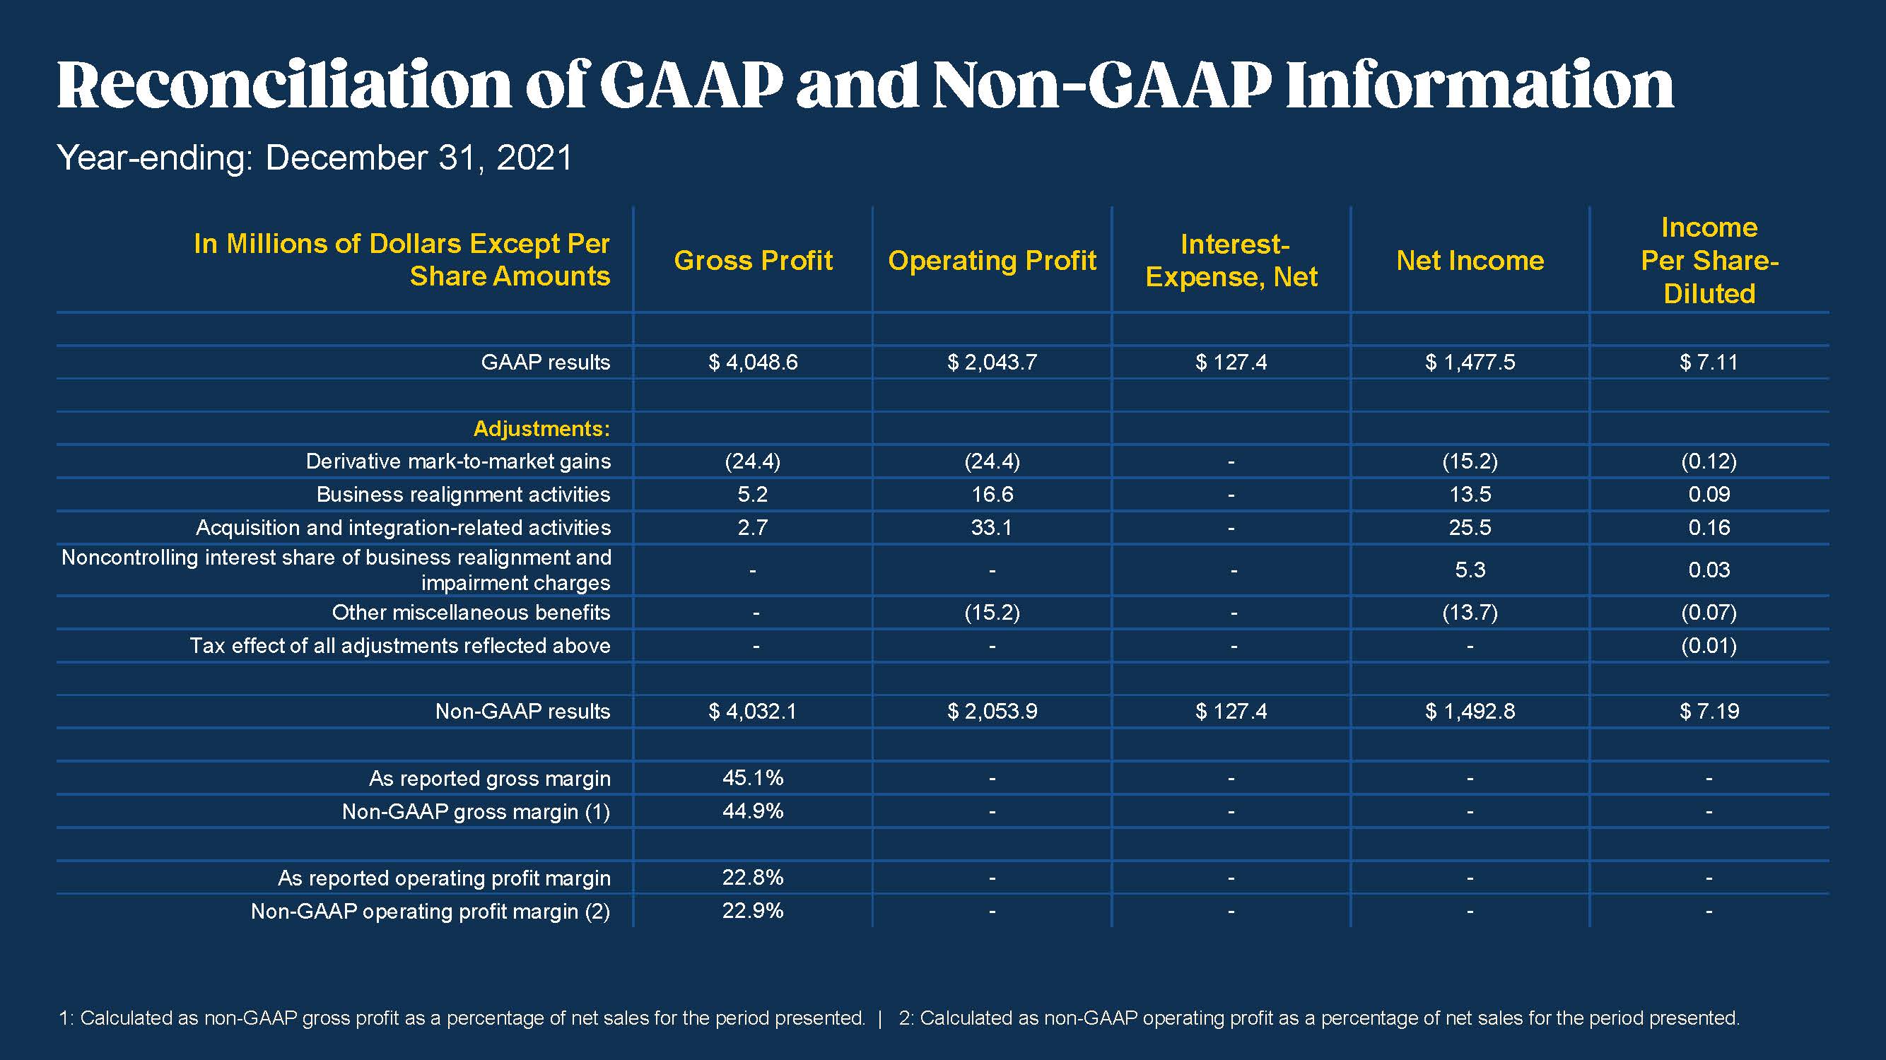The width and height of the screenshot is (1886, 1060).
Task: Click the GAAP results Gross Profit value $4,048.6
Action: [x=753, y=363]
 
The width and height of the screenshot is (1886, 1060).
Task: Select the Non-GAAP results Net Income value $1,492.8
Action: [x=1470, y=712]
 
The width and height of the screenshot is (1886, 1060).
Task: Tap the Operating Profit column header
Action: [x=992, y=261]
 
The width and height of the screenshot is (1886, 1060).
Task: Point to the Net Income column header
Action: [x=1470, y=261]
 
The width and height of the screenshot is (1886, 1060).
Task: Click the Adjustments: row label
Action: [x=541, y=428]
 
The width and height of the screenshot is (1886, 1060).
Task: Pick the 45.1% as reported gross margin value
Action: [x=753, y=777]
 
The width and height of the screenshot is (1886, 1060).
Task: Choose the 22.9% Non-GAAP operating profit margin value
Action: [x=753, y=911]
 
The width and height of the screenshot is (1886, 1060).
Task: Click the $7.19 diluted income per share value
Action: [x=1709, y=712]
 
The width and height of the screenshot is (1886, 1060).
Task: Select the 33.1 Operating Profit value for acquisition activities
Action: [x=991, y=528]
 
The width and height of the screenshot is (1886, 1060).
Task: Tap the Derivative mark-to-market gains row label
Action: [x=457, y=461]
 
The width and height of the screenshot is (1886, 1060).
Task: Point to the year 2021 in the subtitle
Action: [x=534, y=158]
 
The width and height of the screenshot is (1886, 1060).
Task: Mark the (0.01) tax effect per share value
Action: [x=1709, y=646]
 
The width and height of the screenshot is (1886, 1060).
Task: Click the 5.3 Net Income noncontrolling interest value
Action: [x=1470, y=570]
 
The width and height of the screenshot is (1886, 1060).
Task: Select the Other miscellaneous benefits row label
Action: [x=471, y=612]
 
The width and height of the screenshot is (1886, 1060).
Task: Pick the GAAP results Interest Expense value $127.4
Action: [x=1231, y=363]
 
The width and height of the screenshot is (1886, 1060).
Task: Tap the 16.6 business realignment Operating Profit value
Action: [x=992, y=494]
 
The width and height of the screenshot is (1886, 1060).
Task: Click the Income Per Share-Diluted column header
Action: [x=1709, y=261]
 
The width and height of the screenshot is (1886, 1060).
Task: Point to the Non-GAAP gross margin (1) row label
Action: [x=476, y=812]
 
